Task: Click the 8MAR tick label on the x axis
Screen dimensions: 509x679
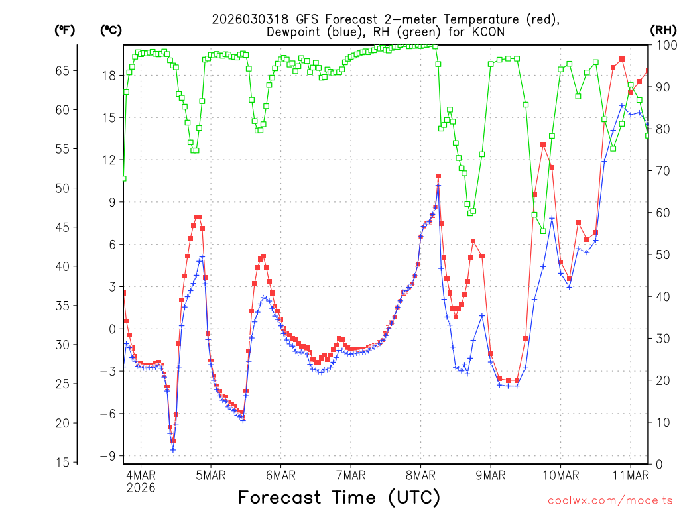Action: [x=420, y=475]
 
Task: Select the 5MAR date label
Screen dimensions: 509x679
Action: [x=210, y=475]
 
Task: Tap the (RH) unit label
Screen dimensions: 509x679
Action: [x=663, y=30]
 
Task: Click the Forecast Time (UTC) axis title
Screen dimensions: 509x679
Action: [x=339, y=497]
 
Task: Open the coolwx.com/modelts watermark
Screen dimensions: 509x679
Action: [x=609, y=499]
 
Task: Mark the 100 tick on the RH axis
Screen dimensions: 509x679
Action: [x=663, y=45]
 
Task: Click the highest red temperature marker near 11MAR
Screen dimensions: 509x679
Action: [x=622, y=59]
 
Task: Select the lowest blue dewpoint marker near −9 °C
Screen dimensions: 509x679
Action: [x=173, y=449]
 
